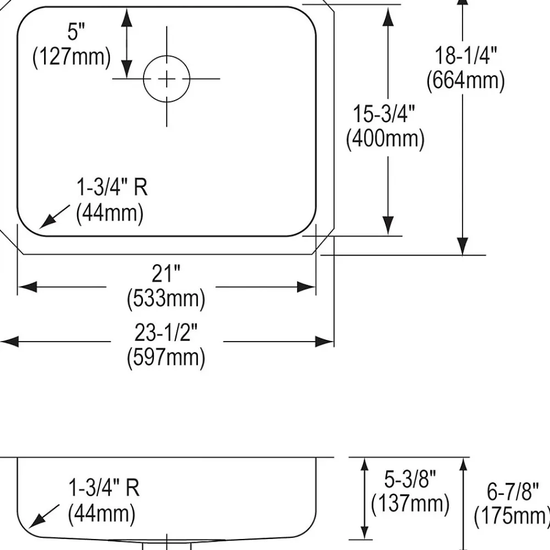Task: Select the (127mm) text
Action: click(x=71, y=57)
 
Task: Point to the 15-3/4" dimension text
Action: click(x=384, y=114)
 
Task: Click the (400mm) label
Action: click(x=385, y=138)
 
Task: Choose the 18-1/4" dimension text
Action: click(x=466, y=56)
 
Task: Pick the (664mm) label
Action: click(x=466, y=80)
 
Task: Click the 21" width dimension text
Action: click(x=166, y=273)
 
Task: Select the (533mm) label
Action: click(x=166, y=298)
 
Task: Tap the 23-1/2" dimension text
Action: click(x=166, y=333)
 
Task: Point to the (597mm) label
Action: click(x=166, y=357)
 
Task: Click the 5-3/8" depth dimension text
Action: click(x=410, y=479)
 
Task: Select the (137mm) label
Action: click(x=410, y=503)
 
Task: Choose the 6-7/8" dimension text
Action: click(x=513, y=491)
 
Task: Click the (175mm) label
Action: click(x=512, y=516)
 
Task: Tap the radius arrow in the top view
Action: click(x=54, y=217)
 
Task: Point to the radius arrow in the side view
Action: click(x=44, y=516)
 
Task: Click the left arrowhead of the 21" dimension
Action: click(x=28, y=287)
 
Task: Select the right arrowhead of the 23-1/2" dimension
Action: click(x=324, y=342)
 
